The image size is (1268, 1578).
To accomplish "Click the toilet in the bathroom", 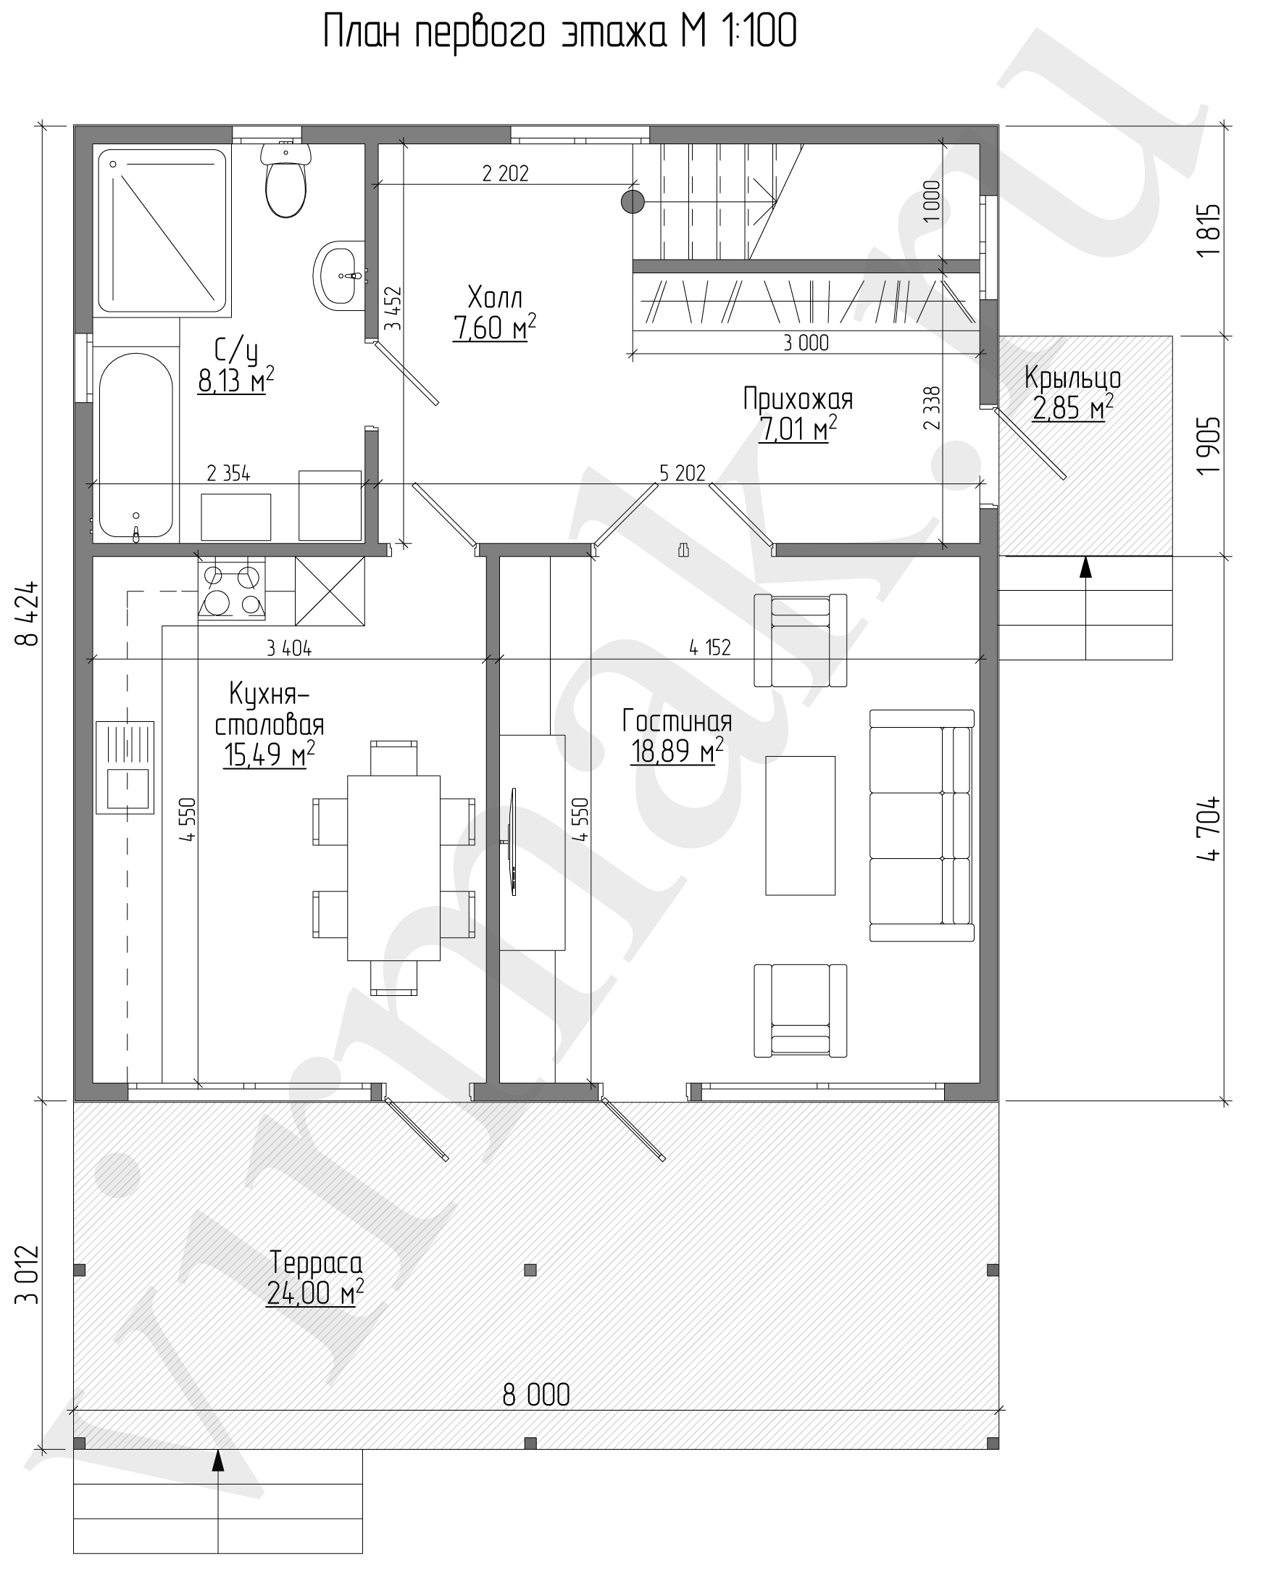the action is pyautogui.click(x=285, y=179).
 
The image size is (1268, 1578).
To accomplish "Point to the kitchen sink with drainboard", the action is pyautogui.click(x=125, y=767).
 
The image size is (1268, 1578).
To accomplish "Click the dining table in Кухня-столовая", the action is pyautogui.click(x=393, y=868).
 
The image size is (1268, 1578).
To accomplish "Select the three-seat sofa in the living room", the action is pyautogui.click(x=922, y=825).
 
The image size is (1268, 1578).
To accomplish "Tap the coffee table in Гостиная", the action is pyautogui.click(x=801, y=826).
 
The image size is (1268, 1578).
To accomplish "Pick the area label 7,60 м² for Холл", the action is pyautogui.click(x=495, y=327).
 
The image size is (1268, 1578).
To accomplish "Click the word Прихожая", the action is pyautogui.click(x=798, y=399).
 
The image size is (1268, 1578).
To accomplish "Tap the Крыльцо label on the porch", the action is pyautogui.click(x=1072, y=378).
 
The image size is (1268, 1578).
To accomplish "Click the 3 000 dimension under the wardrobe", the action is pyautogui.click(x=806, y=343).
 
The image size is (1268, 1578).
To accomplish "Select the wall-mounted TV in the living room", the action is pyautogui.click(x=514, y=841).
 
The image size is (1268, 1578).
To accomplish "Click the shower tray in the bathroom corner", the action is pyautogui.click(x=162, y=233).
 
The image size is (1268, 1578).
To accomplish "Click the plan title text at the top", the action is pyautogui.click(x=561, y=33).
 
